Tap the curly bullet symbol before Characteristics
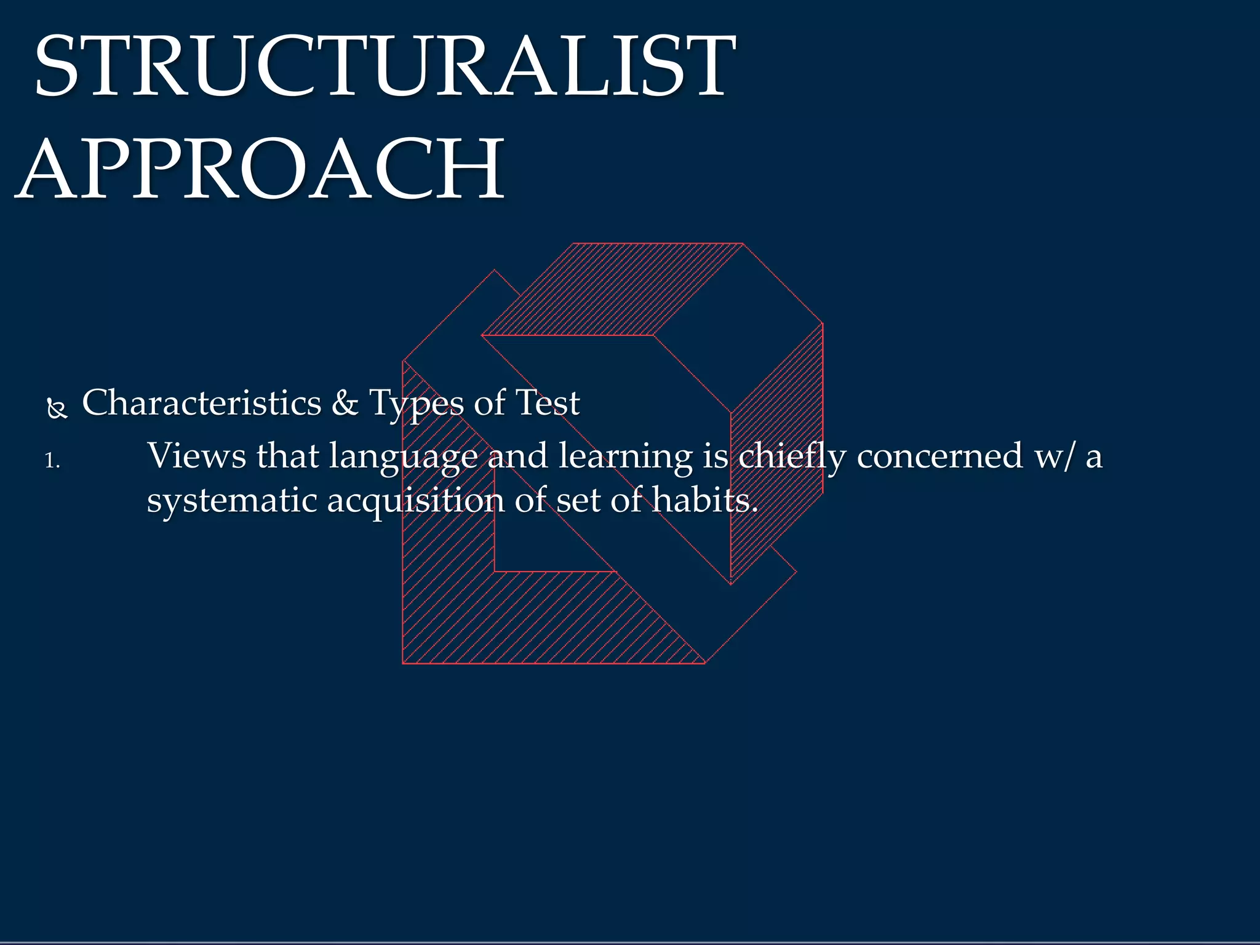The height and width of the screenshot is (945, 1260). point(57,409)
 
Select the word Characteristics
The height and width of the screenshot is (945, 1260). point(202,404)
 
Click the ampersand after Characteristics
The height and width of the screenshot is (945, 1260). point(345,404)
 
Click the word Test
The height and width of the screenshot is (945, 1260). point(548,404)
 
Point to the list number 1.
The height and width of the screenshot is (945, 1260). point(52,461)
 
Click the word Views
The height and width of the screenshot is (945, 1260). point(196,457)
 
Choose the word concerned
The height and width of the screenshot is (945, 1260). point(939,457)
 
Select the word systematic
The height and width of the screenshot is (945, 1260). point(232,501)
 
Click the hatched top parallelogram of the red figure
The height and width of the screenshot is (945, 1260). point(615,289)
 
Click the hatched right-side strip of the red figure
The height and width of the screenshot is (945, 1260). point(776,455)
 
